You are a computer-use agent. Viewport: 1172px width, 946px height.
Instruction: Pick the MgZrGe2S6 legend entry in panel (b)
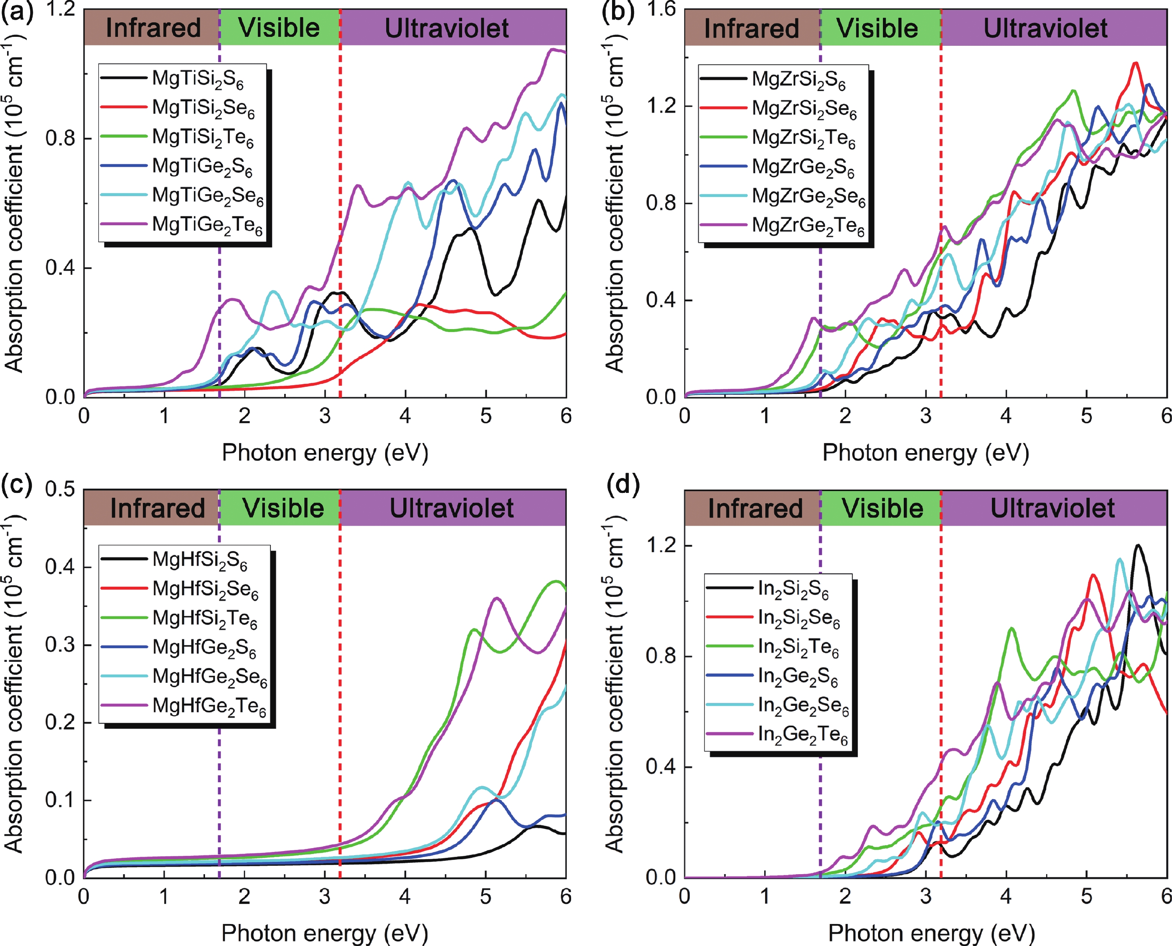tap(803, 167)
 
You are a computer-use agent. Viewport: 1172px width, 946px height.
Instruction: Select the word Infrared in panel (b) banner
tap(752, 28)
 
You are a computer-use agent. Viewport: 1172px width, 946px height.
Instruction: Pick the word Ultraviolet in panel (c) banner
tap(451, 508)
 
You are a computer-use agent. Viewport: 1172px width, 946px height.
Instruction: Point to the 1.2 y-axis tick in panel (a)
tap(60, 9)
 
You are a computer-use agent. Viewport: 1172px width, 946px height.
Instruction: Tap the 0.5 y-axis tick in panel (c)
tap(60, 489)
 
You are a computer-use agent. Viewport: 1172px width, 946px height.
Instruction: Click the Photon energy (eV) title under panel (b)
tap(925, 453)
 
